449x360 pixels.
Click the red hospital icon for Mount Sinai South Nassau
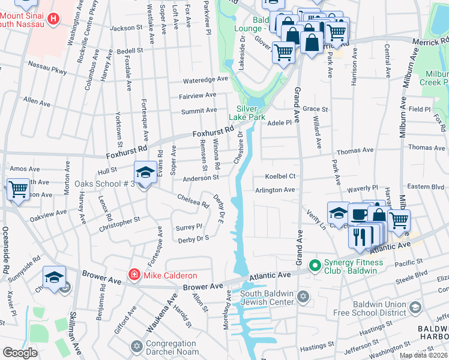coord(53,19)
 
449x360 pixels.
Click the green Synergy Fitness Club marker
coord(313,264)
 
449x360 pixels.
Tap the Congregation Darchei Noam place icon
coord(136,346)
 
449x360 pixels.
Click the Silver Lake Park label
coord(247,113)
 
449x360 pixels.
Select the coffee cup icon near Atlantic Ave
coord(358,214)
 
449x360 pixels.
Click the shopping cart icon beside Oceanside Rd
coord(18,189)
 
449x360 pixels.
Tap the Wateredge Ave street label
coord(206,79)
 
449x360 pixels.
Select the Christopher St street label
coord(120,220)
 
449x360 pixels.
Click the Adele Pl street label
coord(279,122)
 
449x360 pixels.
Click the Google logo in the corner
coord(20,353)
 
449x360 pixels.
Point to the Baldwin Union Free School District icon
coord(414,308)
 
